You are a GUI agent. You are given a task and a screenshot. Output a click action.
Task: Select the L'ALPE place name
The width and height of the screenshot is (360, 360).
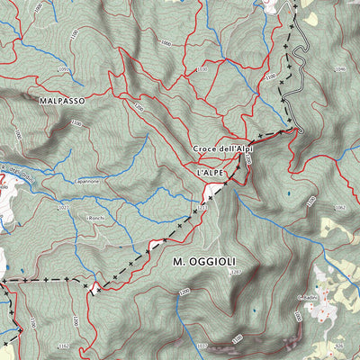tap(208, 168)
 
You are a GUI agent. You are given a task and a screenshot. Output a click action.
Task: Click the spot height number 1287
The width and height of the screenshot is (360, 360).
tap(236, 271)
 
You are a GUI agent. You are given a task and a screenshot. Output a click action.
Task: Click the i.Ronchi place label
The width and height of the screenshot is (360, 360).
tap(96, 218)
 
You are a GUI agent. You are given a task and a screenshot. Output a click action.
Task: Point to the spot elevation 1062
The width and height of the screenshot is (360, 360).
tap(338, 207)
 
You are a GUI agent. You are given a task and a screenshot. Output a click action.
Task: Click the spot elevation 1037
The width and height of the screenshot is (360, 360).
tap(200, 345)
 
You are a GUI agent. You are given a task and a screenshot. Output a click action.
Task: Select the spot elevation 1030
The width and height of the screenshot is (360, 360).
tap(202, 68)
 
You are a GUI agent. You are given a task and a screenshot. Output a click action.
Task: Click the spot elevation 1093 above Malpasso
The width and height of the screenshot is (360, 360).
tap(63, 69)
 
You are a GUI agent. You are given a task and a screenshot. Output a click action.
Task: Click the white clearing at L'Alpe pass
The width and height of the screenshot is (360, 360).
tap(216, 189)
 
